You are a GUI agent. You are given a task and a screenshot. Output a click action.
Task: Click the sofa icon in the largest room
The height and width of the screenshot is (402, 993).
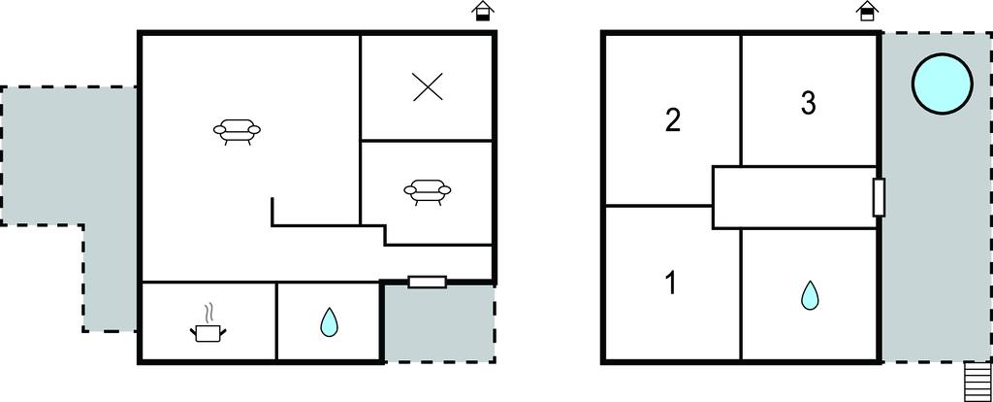(237, 131)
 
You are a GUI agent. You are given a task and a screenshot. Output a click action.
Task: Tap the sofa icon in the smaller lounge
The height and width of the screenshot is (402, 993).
(428, 191)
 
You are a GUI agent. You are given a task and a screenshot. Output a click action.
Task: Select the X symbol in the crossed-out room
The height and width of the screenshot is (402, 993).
(428, 86)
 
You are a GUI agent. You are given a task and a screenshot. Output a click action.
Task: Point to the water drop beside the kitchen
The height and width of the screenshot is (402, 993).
(329, 322)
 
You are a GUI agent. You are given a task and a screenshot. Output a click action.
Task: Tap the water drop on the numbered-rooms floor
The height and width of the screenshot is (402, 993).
(810, 295)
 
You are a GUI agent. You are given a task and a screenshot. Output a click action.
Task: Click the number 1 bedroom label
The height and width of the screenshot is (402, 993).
(671, 283)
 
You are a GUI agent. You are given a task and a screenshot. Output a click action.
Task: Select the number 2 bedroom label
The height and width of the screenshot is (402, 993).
(673, 119)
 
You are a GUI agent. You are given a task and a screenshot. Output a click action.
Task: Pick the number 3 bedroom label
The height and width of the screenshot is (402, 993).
(808, 103)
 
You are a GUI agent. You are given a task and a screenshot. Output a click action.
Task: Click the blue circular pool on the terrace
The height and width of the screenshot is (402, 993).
(942, 84)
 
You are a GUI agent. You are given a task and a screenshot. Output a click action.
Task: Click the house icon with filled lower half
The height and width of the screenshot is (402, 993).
(483, 12)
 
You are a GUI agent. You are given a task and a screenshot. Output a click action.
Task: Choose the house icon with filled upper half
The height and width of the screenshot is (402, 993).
(866, 12)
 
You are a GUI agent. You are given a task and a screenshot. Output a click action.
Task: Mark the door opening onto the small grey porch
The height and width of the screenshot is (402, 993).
(428, 282)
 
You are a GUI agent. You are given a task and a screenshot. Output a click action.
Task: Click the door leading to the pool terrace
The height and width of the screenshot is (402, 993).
(879, 198)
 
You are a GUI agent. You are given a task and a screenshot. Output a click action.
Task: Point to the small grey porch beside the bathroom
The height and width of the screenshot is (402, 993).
(439, 323)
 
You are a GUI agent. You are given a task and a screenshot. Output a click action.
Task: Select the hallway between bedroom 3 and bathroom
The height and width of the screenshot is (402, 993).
(795, 197)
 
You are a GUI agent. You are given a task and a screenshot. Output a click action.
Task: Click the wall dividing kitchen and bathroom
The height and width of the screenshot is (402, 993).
(276, 321)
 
